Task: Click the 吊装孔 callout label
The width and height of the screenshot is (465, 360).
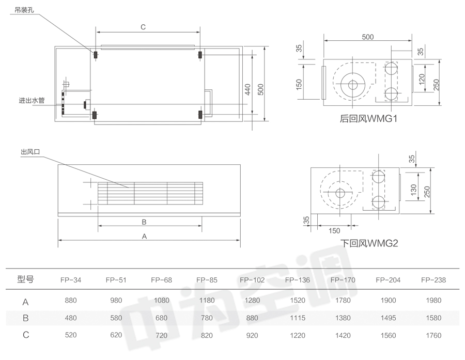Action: coord(24,10)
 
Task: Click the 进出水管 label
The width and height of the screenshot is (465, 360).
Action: coord(32,101)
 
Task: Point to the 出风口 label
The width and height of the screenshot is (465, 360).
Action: coord(30,152)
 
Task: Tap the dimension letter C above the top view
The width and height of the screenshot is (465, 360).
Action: coord(143,27)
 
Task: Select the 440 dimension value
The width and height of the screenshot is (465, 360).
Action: coord(247,89)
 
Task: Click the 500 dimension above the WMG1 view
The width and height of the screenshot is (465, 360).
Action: coord(368,37)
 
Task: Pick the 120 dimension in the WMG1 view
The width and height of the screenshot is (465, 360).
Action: coord(422,79)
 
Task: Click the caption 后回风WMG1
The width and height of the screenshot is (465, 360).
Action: coord(368,119)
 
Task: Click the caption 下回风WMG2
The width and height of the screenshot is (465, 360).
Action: coord(369,243)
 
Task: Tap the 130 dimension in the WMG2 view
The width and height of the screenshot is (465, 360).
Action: coord(413,190)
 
